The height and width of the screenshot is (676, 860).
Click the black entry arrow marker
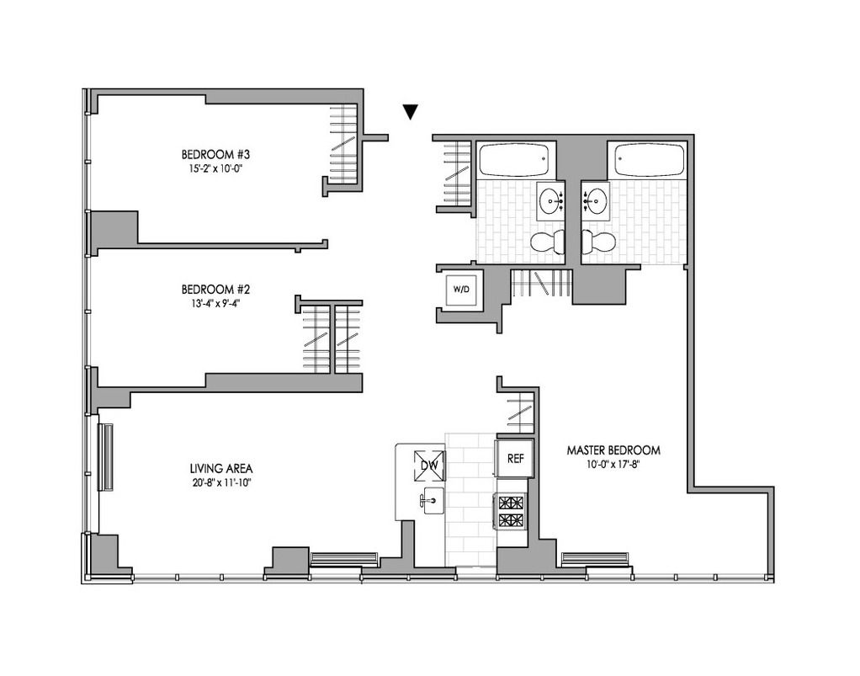[x=411, y=111]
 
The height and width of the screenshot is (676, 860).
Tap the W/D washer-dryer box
[x=461, y=289]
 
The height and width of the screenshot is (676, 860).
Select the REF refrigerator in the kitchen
[x=515, y=459]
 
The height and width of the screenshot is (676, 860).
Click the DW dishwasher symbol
[x=429, y=466]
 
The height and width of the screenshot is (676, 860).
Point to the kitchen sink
[x=432, y=501]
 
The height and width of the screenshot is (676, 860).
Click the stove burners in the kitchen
[x=512, y=511]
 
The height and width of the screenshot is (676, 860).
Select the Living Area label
[x=221, y=469]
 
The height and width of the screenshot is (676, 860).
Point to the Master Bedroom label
[x=613, y=450]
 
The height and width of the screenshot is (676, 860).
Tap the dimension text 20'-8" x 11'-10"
[x=221, y=483]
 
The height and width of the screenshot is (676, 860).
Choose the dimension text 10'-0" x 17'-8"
[x=613, y=465]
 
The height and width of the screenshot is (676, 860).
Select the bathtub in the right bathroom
[x=650, y=159]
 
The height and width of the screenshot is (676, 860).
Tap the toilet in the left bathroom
[x=549, y=242]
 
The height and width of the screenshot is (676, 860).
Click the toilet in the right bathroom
[x=598, y=242]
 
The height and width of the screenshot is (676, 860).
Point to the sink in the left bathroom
[x=550, y=201]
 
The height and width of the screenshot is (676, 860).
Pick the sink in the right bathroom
[x=596, y=201]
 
